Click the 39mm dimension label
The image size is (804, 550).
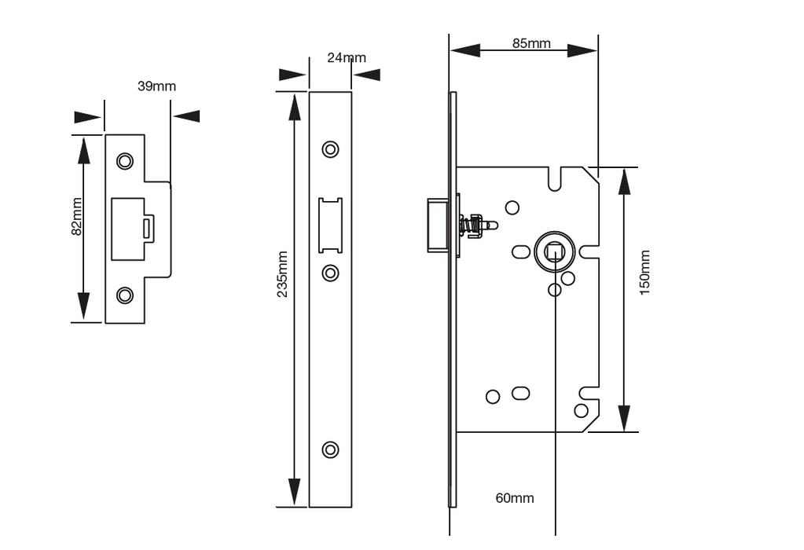[x=156, y=86]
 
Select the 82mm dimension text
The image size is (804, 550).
[x=77, y=216]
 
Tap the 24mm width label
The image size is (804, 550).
[x=347, y=57]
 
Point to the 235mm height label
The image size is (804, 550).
[x=283, y=274]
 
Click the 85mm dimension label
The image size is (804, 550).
[x=531, y=43]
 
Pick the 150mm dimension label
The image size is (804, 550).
[x=644, y=272]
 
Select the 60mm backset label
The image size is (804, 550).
[x=514, y=498]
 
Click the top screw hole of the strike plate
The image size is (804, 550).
[x=125, y=161]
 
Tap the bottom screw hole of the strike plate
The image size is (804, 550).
[x=125, y=295]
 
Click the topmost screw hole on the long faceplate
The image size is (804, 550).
[x=331, y=149]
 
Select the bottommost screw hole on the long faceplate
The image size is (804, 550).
[x=331, y=449]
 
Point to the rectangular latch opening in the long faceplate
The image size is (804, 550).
[x=331, y=225]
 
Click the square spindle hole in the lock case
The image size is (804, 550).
[x=555, y=252]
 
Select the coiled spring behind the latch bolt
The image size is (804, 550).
[x=472, y=225]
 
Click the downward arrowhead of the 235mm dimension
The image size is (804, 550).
[x=295, y=493]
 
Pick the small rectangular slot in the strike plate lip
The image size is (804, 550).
[x=147, y=228]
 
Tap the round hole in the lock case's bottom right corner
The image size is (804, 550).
[x=581, y=410]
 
